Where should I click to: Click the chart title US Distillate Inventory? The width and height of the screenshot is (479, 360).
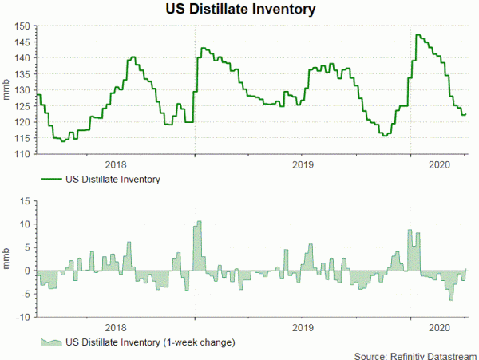(x=239, y=10)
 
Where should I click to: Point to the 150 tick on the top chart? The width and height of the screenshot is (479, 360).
(x=22, y=26)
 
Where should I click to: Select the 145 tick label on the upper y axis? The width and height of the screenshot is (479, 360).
(x=22, y=42)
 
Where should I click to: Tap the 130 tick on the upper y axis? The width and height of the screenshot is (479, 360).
(x=22, y=90)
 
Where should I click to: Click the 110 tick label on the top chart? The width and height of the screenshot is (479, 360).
(x=22, y=153)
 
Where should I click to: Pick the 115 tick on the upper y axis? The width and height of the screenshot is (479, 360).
(x=22, y=137)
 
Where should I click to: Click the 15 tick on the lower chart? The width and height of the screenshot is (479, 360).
(x=25, y=200)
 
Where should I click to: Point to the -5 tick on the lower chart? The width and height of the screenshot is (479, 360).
(x=25, y=294)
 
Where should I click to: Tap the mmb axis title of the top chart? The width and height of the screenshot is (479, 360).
(x=7, y=90)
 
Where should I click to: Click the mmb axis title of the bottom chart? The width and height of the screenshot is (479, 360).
(x=7, y=259)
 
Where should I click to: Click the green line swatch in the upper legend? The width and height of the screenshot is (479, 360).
(x=49, y=180)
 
